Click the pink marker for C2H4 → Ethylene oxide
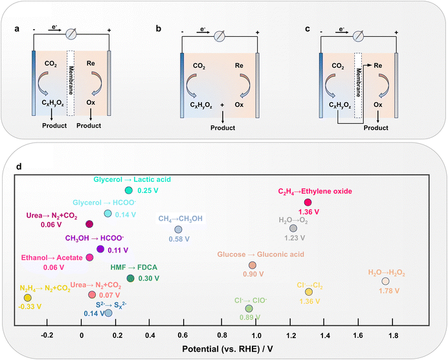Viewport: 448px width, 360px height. pos(308,203)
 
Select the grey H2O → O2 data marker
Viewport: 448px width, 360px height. pos(293,228)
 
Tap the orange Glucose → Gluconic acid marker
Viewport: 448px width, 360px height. pos(252,265)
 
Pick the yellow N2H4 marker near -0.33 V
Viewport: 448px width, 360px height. pos(28,297)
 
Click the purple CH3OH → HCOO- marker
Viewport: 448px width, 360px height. pos(100,249)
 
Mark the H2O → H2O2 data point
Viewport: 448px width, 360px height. pos(385,281)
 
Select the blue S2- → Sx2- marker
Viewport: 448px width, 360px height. pos(109,313)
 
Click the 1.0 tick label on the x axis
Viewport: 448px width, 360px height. pos(257,336)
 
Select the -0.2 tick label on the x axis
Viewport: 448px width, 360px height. pos(47,336)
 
